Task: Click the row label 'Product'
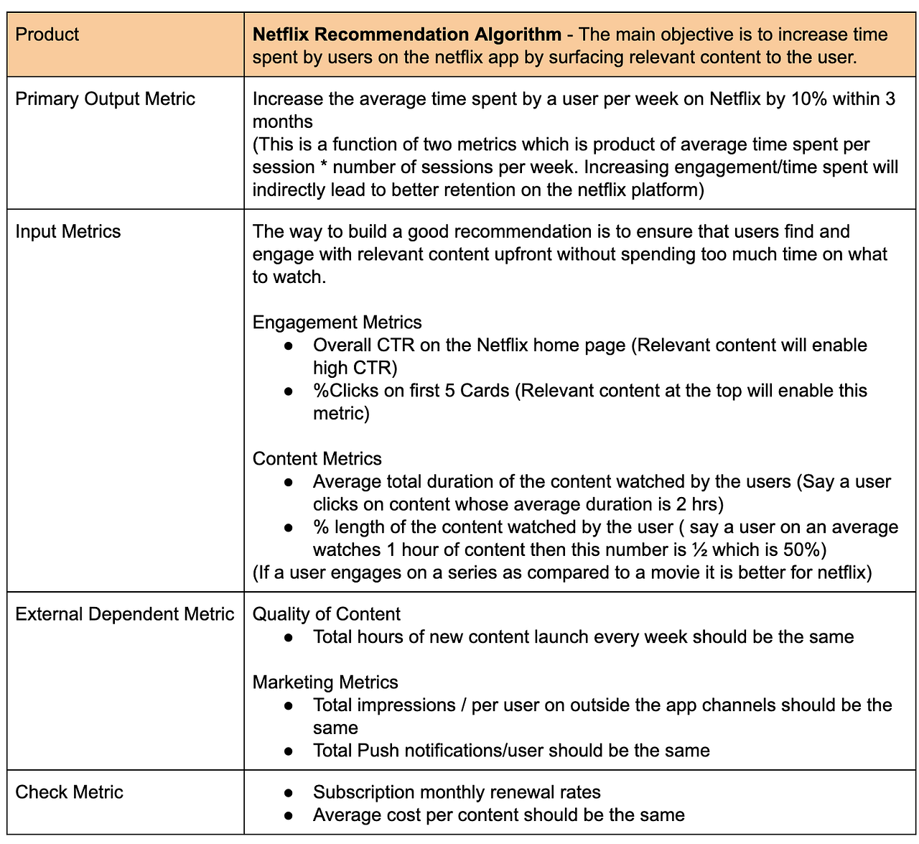tap(47, 34)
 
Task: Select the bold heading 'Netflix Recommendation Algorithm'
tap(406, 34)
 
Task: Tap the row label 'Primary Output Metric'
tap(105, 99)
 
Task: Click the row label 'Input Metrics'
tap(68, 231)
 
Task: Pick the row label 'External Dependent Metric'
tap(124, 614)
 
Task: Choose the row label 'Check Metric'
tap(69, 792)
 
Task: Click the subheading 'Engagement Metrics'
tap(337, 323)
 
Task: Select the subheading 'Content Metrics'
tap(317, 459)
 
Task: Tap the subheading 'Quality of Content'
tap(326, 614)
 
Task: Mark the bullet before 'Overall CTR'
tap(289, 346)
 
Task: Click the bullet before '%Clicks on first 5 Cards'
tap(289, 391)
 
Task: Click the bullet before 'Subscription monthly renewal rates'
tap(289, 793)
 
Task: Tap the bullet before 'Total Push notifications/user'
tap(289, 751)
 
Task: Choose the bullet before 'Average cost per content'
tap(289, 816)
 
